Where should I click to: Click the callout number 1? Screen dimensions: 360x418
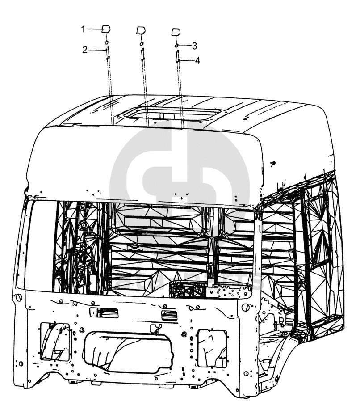tap(83, 29)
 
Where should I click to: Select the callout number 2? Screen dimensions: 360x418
tap(84, 50)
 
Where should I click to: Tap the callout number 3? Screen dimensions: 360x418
tap(194, 46)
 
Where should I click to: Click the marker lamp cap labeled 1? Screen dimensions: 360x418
tap(106, 30)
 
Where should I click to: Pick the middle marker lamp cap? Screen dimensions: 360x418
tap(141, 31)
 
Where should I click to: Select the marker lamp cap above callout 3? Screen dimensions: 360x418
tap(176, 32)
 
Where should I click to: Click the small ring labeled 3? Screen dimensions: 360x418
tap(177, 46)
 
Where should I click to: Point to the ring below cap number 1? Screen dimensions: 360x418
tap(107, 43)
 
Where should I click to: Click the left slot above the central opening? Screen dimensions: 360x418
tap(104, 312)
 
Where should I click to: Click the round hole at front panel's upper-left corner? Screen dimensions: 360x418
tap(19, 298)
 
